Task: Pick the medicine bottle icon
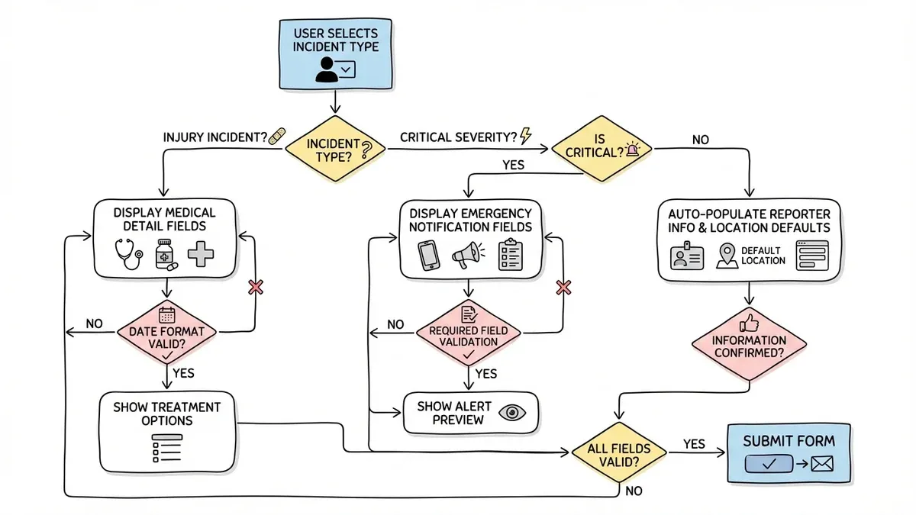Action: click(x=165, y=253)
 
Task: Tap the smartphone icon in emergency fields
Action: click(x=428, y=255)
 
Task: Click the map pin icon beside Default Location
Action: click(x=726, y=256)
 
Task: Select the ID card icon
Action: click(x=684, y=256)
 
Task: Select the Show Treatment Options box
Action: click(x=166, y=432)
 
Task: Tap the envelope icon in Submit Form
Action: click(x=821, y=464)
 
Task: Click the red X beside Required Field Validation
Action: click(x=563, y=288)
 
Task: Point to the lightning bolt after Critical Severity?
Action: click(x=525, y=136)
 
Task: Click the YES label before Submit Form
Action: click(x=693, y=443)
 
